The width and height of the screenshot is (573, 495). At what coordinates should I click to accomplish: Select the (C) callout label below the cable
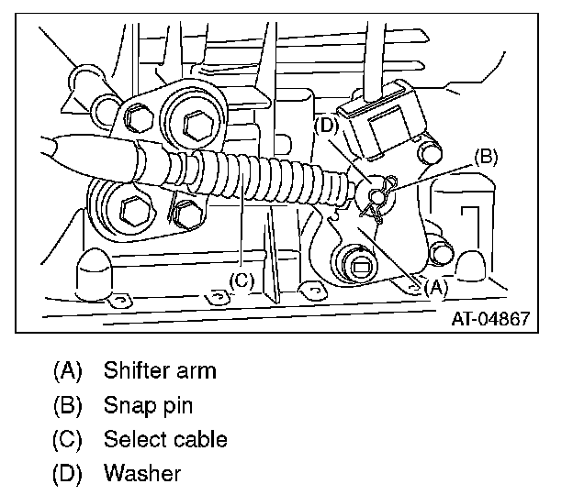tap(241, 281)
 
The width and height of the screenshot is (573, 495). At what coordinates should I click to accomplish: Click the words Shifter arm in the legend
tap(160, 371)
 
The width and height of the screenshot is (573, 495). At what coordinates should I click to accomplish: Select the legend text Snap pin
tap(148, 405)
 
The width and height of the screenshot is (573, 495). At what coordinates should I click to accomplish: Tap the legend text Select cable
tap(165, 439)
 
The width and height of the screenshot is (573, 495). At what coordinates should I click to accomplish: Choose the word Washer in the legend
tap(142, 473)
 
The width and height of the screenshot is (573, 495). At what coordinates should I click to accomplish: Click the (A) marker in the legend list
tap(68, 371)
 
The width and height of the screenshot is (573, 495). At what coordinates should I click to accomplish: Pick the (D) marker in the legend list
tap(68, 473)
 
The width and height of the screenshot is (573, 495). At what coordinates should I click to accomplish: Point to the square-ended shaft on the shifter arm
tap(359, 265)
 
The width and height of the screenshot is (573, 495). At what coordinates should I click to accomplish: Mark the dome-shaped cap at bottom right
tap(471, 262)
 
